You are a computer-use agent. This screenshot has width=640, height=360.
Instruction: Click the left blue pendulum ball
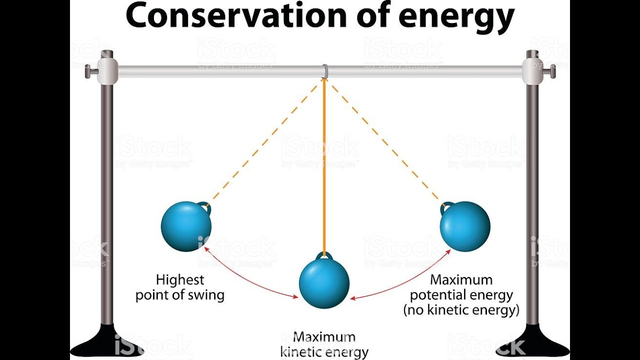(x=186, y=226)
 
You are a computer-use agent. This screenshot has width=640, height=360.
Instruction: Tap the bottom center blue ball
(x=324, y=283)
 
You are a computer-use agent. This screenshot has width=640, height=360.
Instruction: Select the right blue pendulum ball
(x=465, y=226)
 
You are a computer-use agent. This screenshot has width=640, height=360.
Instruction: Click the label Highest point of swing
(x=180, y=287)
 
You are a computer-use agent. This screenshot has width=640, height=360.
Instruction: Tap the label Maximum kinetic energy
(x=324, y=344)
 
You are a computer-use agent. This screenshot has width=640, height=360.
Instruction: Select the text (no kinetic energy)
(x=461, y=310)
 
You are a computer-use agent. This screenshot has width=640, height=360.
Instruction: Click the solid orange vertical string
(x=324, y=165)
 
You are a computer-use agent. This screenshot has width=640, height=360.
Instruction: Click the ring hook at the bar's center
(x=324, y=71)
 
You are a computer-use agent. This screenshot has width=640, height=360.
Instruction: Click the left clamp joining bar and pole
(x=107, y=71)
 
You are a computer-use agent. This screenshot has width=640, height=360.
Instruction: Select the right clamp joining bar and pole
(x=532, y=71)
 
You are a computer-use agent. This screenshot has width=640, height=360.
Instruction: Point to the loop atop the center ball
(x=324, y=256)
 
